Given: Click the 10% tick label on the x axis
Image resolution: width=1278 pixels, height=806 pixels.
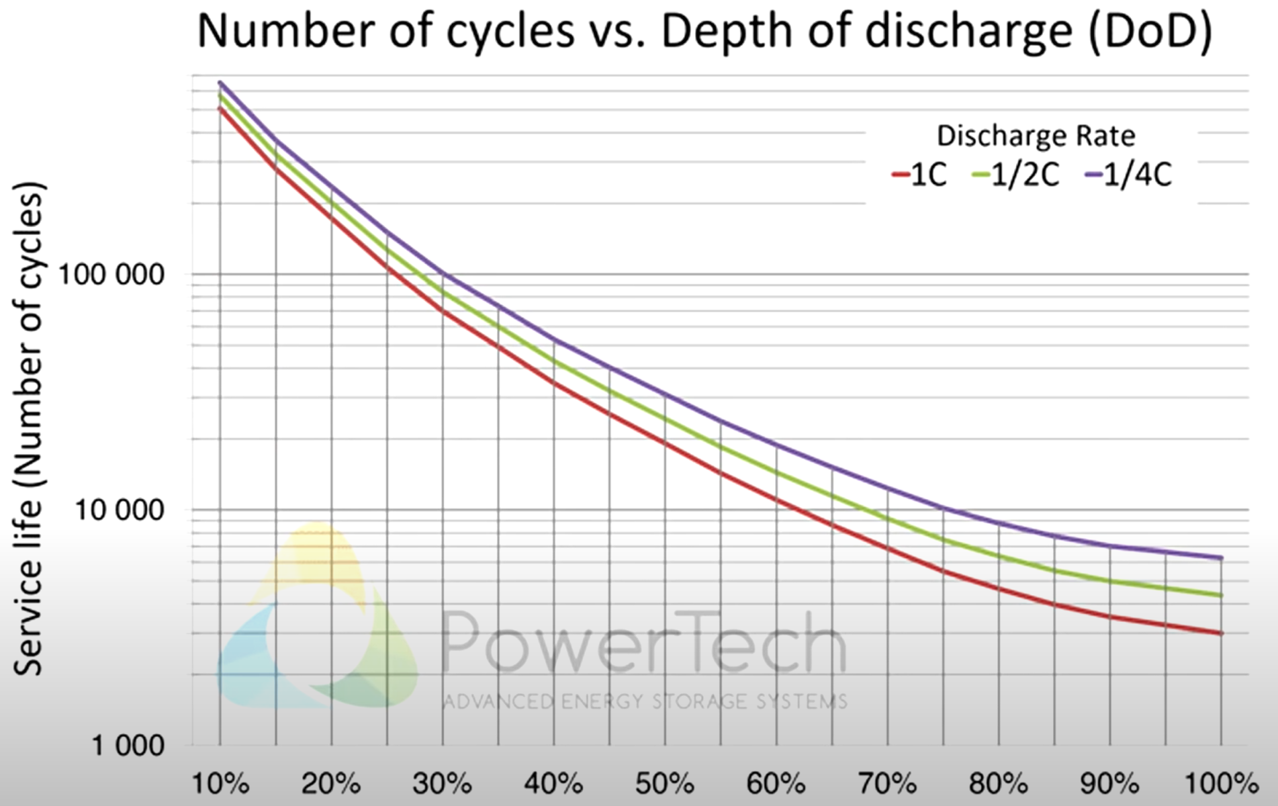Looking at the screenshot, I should point(220,784).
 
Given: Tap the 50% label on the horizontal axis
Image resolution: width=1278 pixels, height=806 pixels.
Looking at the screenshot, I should point(666,784).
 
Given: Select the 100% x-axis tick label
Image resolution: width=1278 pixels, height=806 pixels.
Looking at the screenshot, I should point(1220,784).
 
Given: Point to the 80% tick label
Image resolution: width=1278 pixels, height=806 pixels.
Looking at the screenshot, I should point(999,784).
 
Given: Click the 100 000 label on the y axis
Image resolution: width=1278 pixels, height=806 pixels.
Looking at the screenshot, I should point(111,275).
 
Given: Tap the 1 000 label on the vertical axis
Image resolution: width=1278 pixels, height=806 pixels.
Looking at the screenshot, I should point(127,746).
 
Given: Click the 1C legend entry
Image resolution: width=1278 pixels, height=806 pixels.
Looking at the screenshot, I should point(920,176).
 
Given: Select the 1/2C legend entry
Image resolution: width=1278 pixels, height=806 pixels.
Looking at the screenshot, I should point(1016,176).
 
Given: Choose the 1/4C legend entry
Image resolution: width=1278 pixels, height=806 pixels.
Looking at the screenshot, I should point(1129,176).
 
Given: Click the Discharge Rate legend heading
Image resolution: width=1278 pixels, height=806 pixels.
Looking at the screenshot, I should point(1036,136).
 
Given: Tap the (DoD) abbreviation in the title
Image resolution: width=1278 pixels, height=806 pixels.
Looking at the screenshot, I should point(1150,31).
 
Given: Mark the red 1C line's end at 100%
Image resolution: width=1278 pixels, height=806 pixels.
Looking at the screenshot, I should point(1220,633).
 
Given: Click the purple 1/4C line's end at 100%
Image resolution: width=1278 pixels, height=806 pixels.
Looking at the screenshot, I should point(1220,557).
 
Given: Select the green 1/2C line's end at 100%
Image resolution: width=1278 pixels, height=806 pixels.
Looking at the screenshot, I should point(1220,595).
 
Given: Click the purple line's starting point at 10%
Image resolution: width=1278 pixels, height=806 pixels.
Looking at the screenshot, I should point(220,83).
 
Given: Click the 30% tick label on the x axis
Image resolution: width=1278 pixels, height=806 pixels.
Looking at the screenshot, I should point(443,784).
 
